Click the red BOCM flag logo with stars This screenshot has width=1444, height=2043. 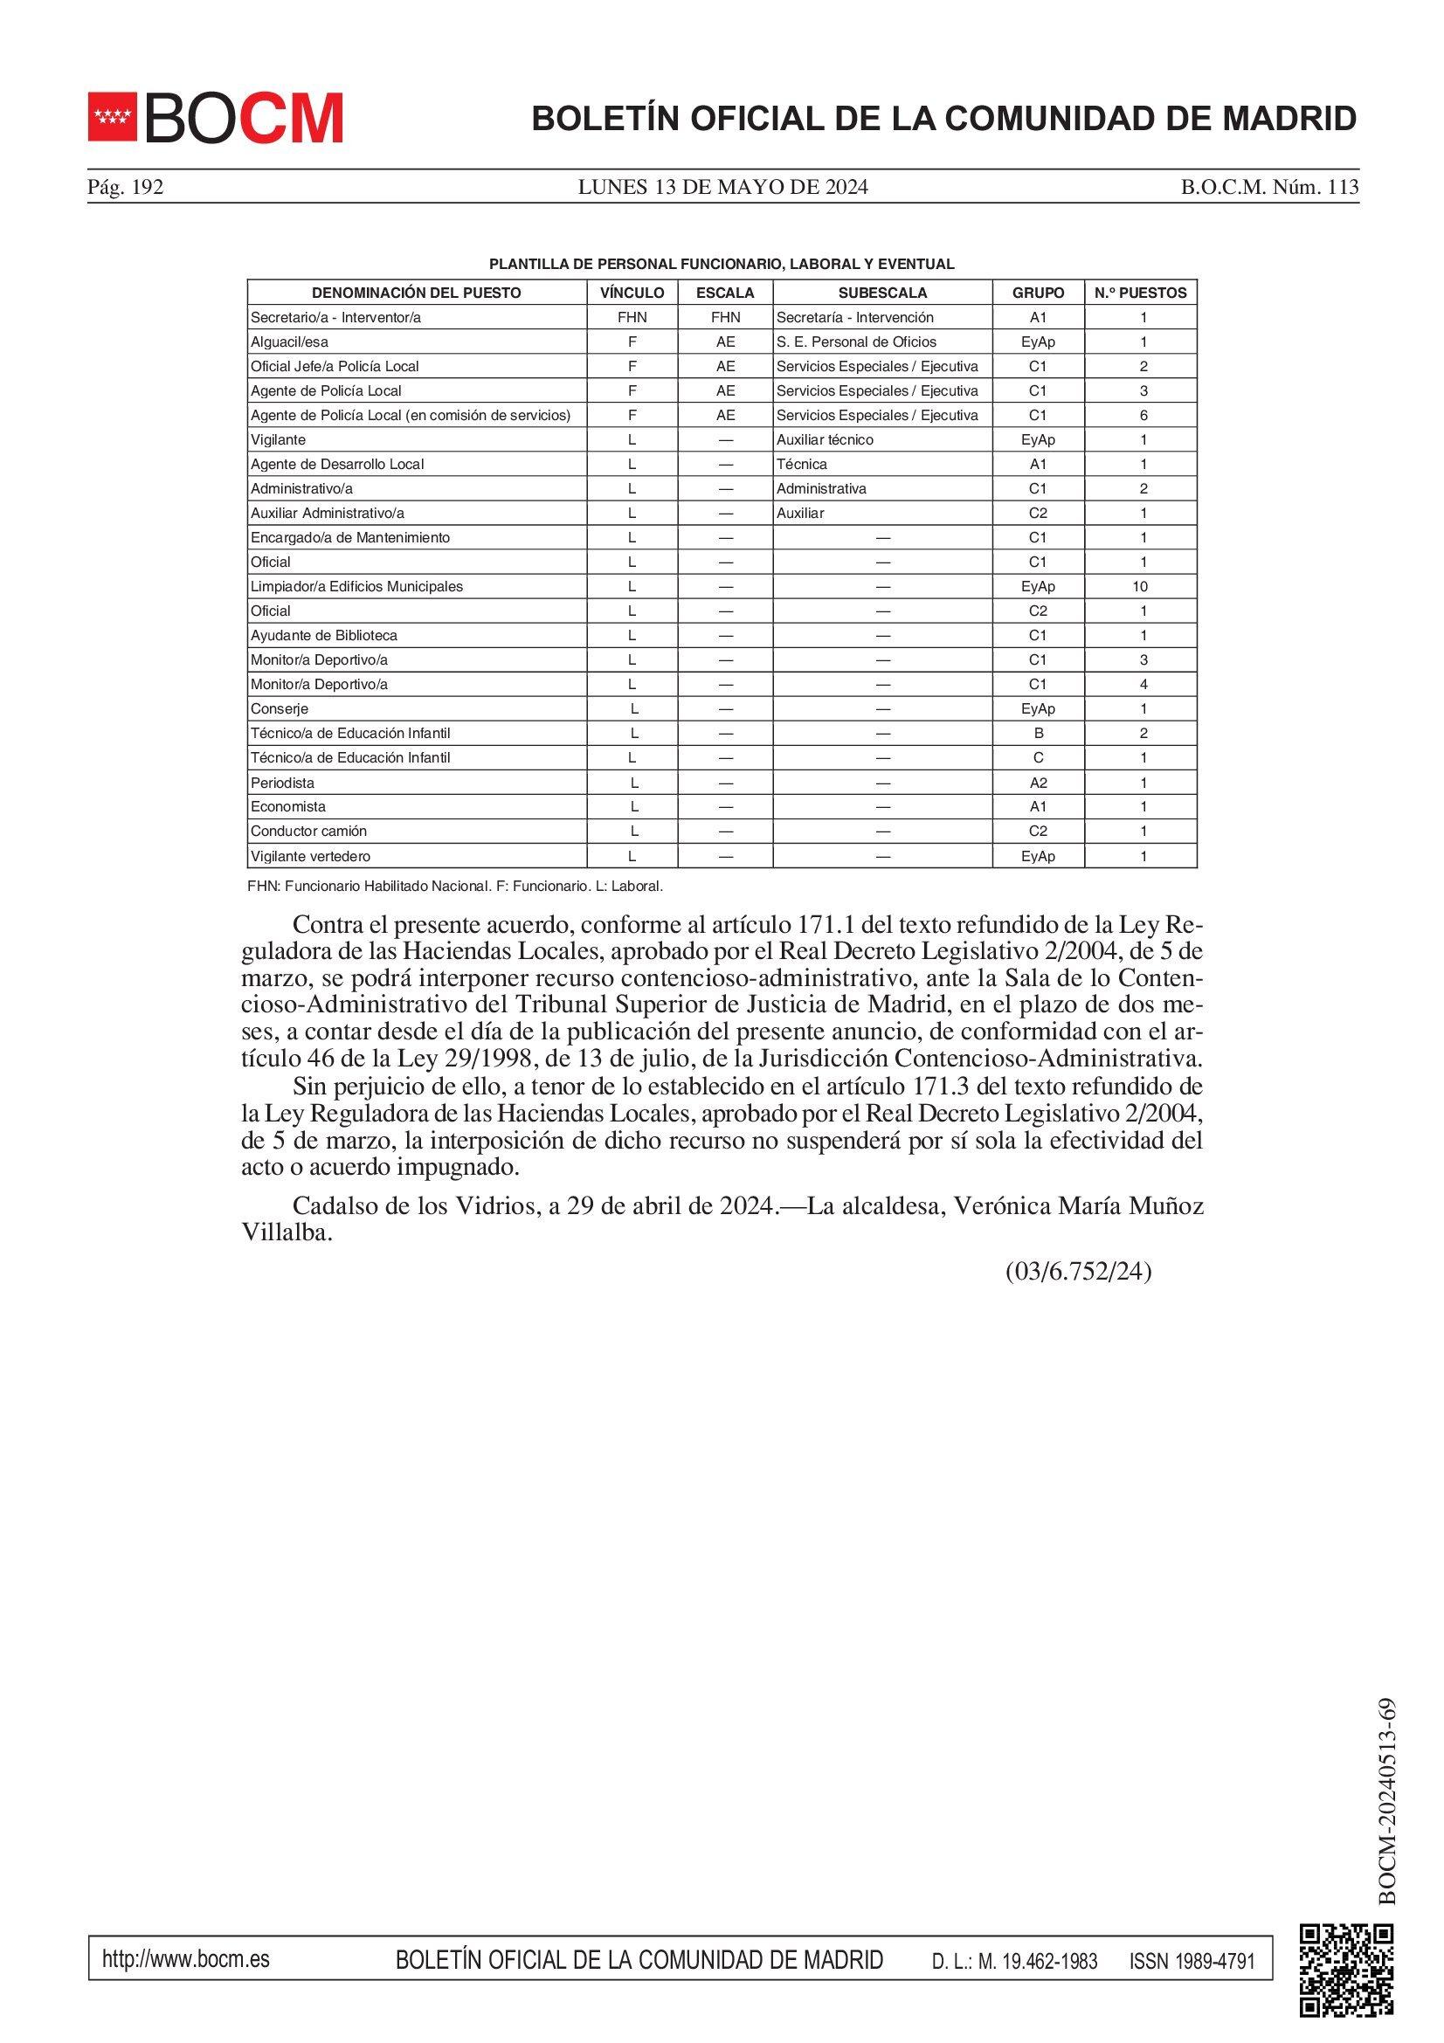[112, 116]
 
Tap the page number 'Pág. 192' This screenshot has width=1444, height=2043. [126, 187]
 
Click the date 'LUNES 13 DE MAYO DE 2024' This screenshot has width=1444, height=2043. [722, 187]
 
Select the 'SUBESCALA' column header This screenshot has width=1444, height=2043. [881, 293]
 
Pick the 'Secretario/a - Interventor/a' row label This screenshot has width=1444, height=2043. [335, 318]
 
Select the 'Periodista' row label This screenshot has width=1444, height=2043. [282, 783]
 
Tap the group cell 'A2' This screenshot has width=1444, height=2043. [1038, 783]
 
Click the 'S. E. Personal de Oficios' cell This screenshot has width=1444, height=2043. [856, 342]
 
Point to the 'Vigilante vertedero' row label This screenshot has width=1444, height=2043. [309, 856]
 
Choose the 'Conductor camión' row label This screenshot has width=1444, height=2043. [307, 831]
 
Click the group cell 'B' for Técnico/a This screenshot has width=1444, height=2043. [1038, 733]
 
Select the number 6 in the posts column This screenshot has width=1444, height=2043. [1143, 416]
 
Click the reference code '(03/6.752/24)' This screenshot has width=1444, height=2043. [1077, 1272]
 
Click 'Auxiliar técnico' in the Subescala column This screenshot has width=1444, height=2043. [824, 439]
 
